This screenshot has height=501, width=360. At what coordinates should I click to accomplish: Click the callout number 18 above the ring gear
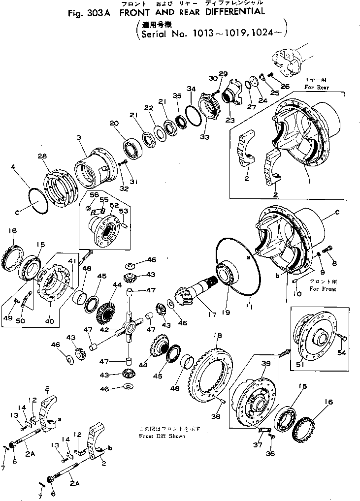[215, 336]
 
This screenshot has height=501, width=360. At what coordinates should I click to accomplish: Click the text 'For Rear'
[316, 87]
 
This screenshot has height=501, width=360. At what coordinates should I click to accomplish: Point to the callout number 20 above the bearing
[114, 123]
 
